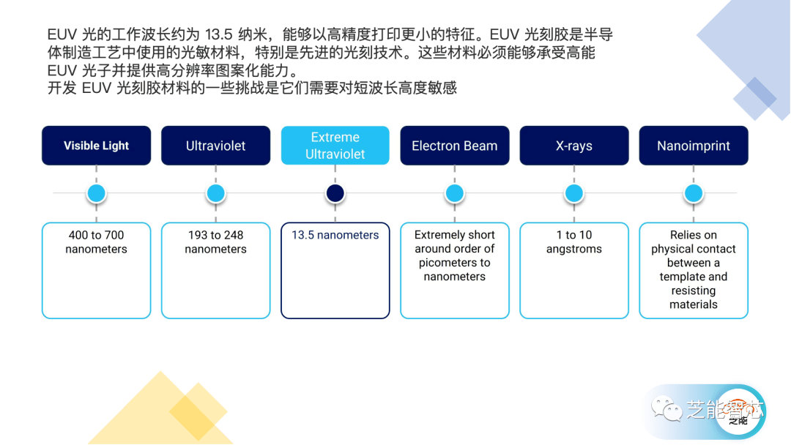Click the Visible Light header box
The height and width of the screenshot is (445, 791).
(96, 146)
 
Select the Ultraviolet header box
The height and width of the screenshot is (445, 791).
(215, 146)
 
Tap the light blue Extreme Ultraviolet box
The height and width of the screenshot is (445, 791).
(335, 146)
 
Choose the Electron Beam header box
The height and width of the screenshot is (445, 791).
(454, 146)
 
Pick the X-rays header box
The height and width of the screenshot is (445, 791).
(573, 146)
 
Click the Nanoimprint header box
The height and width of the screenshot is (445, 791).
(693, 146)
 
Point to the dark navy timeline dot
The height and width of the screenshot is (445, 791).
(335, 193)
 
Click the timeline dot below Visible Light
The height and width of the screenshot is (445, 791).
(96, 193)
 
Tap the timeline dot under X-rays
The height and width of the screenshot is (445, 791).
(573, 193)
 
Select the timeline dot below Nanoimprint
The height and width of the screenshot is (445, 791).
(693, 193)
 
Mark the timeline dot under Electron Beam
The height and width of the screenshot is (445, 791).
(454, 193)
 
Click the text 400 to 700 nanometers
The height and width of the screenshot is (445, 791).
(96, 242)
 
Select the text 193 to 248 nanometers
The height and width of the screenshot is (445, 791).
(215, 242)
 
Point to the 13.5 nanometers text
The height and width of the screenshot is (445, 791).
(335, 235)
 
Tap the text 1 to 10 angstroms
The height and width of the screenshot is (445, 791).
(573, 242)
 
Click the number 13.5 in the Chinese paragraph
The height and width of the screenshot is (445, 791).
(220, 35)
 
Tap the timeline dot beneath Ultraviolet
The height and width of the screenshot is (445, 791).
(215, 193)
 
